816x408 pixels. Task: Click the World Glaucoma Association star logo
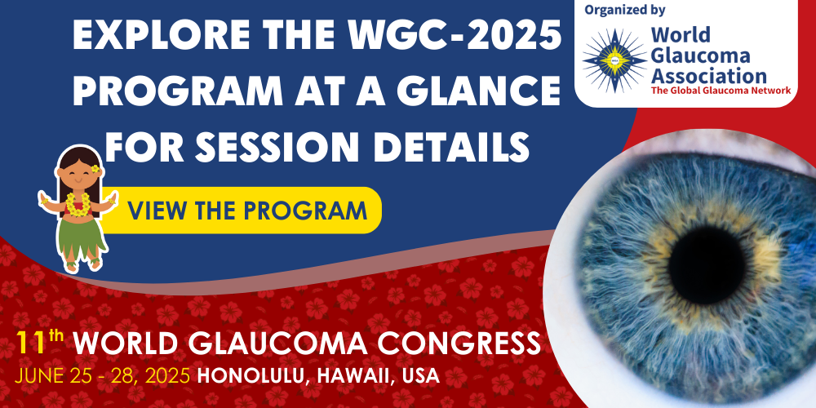click(x=614, y=60)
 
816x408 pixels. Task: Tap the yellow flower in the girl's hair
click(x=95, y=169)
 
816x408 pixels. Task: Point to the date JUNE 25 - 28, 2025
click(x=103, y=376)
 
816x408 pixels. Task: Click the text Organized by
click(x=625, y=11)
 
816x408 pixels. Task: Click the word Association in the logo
click(x=708, y=76)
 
